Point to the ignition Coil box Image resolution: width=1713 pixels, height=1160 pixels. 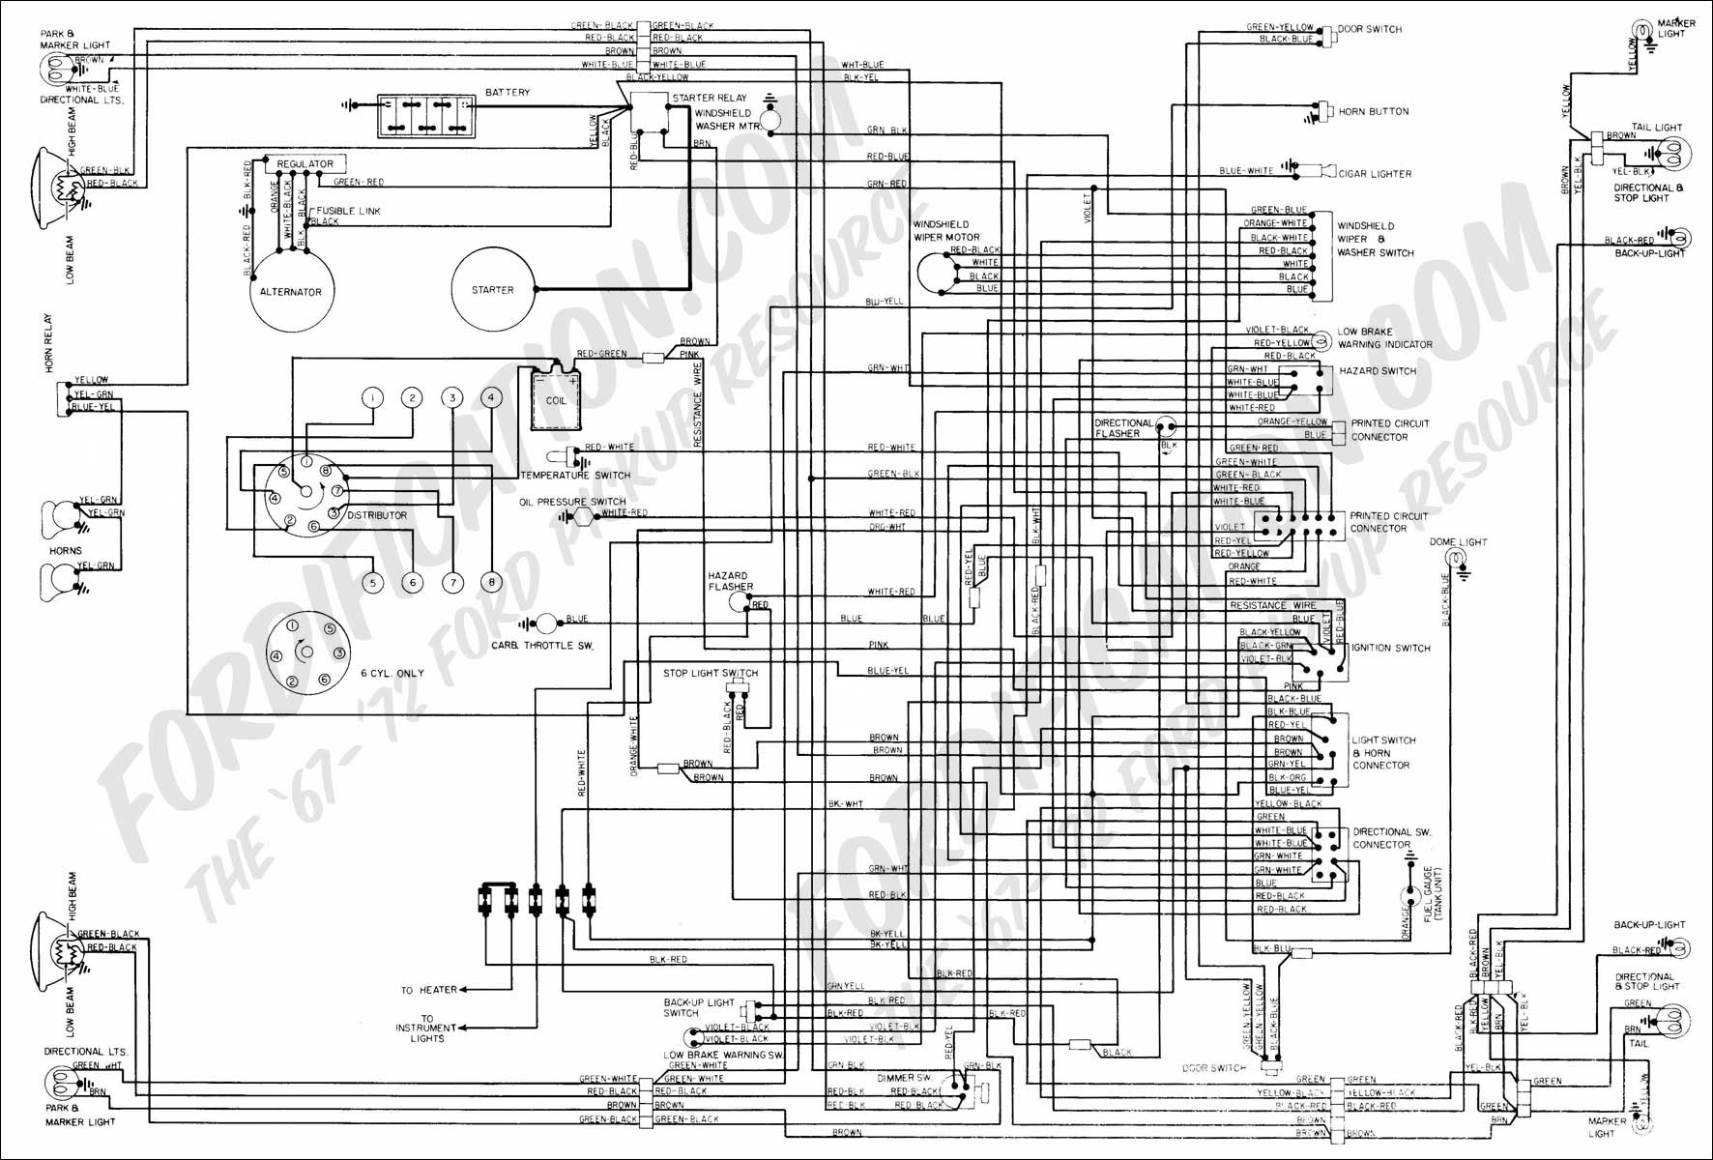click(556, 398)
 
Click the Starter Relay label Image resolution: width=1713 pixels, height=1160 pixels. click(709, 98)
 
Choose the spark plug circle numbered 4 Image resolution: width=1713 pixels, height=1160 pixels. click(491, 397)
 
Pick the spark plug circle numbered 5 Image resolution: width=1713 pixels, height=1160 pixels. click(372, 583)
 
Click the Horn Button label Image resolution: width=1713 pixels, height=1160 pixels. click(1373, 112)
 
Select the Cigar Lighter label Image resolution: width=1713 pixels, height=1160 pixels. click(1374, 174)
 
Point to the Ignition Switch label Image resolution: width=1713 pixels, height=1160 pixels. click(1390, 648)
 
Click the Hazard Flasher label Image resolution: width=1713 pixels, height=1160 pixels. click(730, 581)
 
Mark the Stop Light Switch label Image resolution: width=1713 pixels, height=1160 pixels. click(710, 673)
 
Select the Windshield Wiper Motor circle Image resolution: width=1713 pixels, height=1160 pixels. click(934, 273)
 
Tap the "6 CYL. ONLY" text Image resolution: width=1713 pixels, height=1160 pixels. click(392, 673)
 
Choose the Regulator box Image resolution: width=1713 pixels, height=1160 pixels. click(305, 164)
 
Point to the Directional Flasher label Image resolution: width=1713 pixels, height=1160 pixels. click(1122, 428)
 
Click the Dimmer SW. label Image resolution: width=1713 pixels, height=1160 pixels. click(903, 1076)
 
